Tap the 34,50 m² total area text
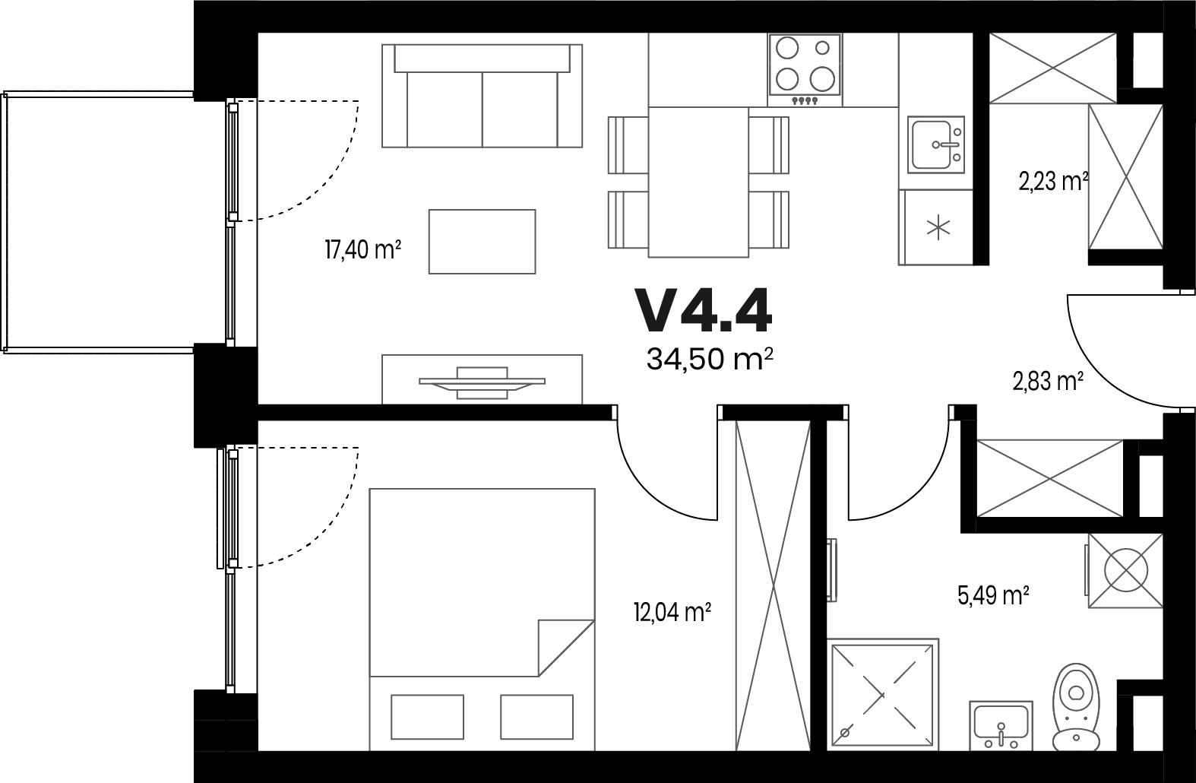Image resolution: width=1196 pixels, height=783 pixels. [x=710, y=359]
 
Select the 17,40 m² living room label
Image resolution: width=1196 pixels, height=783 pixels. [x=363, y=249]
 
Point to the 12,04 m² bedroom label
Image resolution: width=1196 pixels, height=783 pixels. [x=672, y=612]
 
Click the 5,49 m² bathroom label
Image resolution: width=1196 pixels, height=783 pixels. [x=993, y=595]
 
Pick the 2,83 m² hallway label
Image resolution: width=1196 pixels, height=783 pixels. [x=1048, y=382]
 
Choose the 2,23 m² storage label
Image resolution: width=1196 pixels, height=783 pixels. [x=1053, y=182]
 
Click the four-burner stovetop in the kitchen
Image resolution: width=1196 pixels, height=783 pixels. [x=805, y=70]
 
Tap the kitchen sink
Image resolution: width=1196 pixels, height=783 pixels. [x=936, y=144]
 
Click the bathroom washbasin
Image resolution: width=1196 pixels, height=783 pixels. [x=1001, y=726]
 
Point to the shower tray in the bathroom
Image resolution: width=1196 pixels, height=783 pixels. [x=883, y=695]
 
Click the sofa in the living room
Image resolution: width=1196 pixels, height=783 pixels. [x=483, y=96]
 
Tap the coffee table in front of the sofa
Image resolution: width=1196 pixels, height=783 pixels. [x=483, y=242]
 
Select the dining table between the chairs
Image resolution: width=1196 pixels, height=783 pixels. [x=698, y=182]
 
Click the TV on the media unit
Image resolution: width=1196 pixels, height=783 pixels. [x=483, y=382]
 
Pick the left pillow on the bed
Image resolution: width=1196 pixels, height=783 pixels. [x=427, y=717]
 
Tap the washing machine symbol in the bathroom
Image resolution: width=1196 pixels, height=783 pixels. [x=1125, y=570]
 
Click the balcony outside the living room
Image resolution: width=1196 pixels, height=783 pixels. [x=99, y=223]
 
